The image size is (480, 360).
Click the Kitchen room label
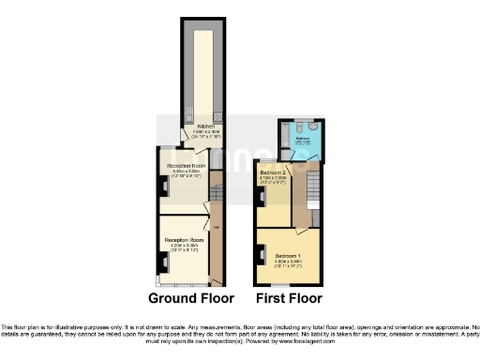[205, 126]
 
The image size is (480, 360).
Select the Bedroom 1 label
[288, 255]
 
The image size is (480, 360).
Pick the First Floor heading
[288, 299]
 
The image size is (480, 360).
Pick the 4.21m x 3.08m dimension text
[185, 246]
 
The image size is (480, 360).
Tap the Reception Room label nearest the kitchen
[187, 165]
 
